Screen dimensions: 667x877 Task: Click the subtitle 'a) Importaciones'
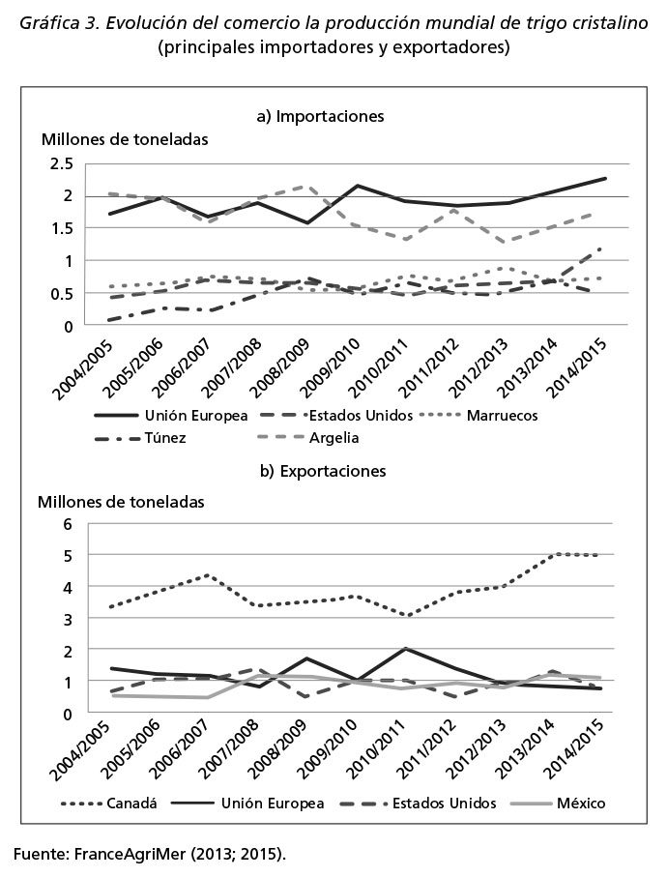tap(320, 116)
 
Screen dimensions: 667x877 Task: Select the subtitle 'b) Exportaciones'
tap(323, 471)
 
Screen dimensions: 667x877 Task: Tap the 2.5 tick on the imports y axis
tap(61, 164)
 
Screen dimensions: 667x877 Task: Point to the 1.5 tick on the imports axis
tap(61, 228)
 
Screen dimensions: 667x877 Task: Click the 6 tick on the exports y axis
tap(69, 524)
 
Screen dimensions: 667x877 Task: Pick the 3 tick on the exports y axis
tap(69, 619)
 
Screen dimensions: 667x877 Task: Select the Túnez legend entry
tap(140, 437)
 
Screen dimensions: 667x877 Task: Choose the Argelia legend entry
tap(308, 437)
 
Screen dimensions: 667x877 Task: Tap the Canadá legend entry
tap(109, 804)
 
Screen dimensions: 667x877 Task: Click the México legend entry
tap(558, 804)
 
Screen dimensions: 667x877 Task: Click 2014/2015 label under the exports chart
tap(575, 749)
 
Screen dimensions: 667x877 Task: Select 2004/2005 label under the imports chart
tap(83, 368)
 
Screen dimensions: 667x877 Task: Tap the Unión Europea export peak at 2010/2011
tap(405, 649)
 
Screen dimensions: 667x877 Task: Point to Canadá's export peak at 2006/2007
tap(207, 575)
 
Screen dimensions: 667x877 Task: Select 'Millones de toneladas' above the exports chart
tap(121, 502)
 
